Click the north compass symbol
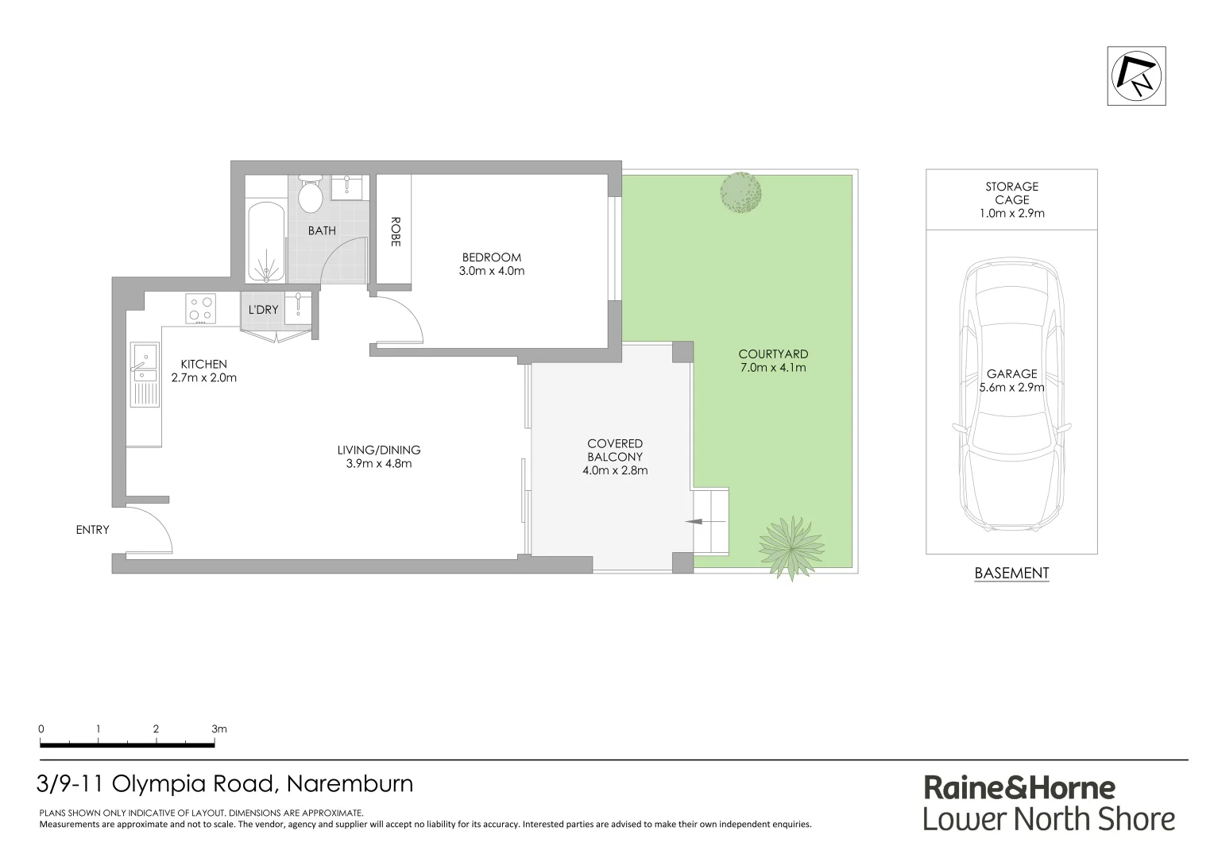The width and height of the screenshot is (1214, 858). click(x=1136, y=76)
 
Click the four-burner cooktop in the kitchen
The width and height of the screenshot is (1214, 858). click(x=200, y=308)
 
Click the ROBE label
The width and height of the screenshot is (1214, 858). click(x=394, y=232)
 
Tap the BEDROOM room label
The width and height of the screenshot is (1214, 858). click(x=492, y=257)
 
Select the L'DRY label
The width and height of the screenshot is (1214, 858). click(x=263, y=309)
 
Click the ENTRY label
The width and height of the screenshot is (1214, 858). click(x=92, y=530)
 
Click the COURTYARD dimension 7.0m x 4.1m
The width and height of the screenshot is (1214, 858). click(x=772, y=367)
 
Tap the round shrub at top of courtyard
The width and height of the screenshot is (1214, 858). click(x=740, y=192)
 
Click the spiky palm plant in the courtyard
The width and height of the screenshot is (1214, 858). click(x=791, y=548)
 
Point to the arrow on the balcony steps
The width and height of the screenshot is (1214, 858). click(x=694, y=522)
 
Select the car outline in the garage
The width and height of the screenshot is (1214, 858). click(x=1011, y=397)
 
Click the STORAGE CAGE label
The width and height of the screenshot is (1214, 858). click(x=1011, y=193)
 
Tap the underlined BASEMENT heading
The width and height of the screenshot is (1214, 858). click(x=1011, y=573)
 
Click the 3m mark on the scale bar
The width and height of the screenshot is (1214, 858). click(x=219, y=729)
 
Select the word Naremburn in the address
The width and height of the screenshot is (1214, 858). click(x=350, y=784)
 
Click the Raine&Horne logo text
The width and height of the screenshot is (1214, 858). click(x=1019, y=787)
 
